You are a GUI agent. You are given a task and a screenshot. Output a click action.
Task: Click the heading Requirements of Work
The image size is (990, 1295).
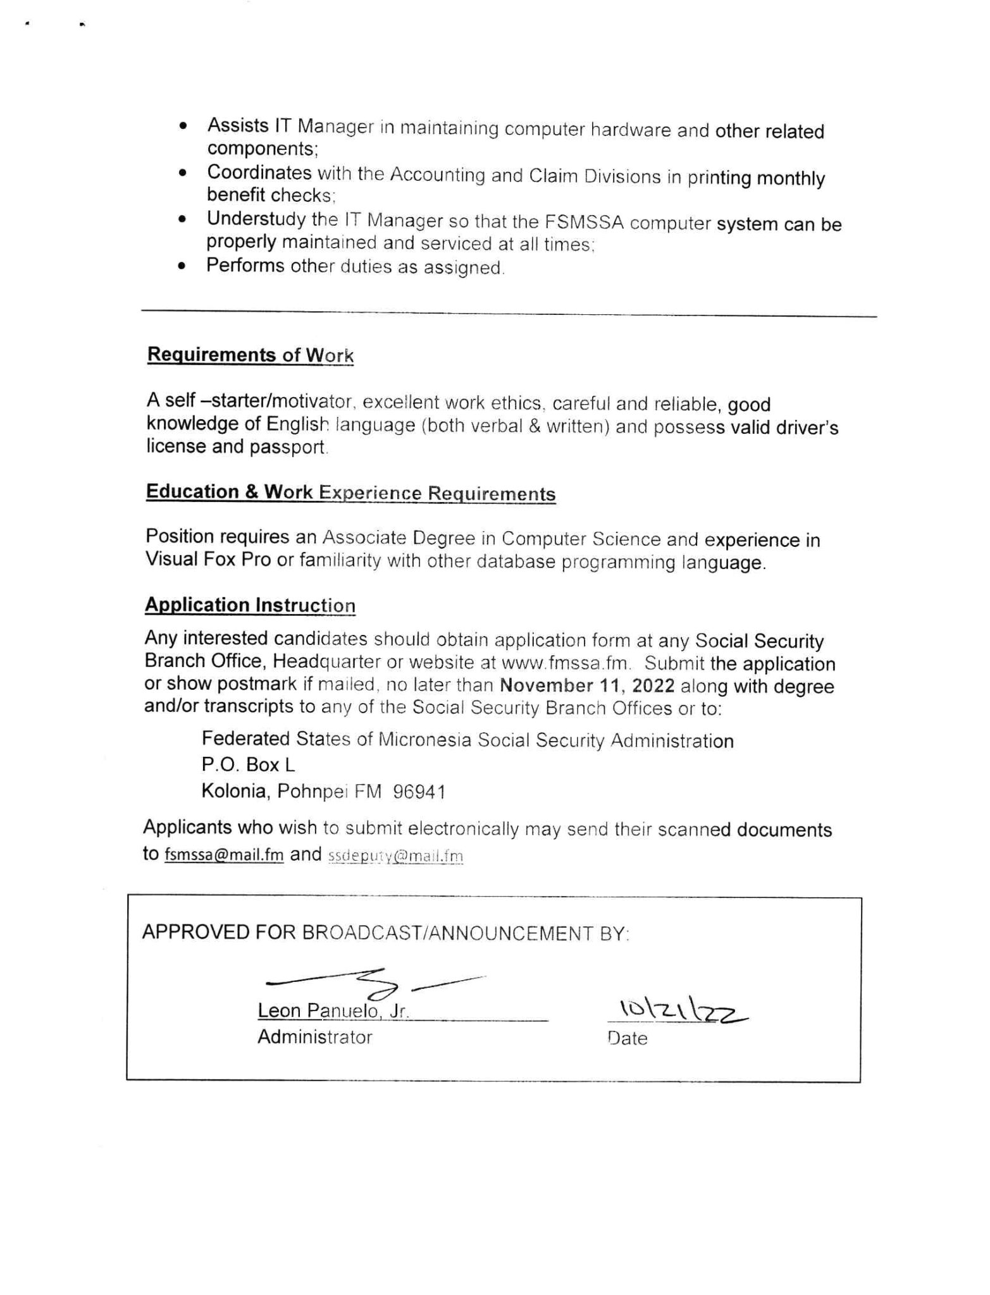point(250,355)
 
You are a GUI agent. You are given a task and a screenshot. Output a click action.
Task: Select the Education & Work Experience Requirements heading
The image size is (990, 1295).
point(350,493)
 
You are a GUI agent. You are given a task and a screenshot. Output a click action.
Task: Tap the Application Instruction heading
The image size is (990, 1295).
point(250,605)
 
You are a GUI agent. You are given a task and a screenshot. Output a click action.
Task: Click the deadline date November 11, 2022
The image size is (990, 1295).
point(587,686)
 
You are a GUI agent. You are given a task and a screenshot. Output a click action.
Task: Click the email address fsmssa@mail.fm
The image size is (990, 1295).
point(223,855)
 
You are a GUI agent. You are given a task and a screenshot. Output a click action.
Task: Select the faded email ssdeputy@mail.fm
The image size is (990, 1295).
point(395,856)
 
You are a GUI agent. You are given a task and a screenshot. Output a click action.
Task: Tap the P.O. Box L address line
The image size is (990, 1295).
point(248,765)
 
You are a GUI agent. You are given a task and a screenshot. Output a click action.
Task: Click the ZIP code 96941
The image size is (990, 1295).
point(419,792)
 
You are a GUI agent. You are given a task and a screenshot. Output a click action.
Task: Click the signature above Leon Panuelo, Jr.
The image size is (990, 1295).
point(373,982)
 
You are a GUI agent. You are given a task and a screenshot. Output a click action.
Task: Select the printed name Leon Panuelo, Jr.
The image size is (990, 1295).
point(333,1011)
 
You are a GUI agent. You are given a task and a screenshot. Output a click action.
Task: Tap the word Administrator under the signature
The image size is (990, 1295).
point(314,1038)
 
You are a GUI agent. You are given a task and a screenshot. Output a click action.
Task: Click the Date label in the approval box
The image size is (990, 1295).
point(627,1038)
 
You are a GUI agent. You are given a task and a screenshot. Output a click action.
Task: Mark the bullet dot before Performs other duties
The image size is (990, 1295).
point(182,267)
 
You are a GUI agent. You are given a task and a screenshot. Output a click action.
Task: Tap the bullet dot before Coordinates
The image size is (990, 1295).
point(182,173)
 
